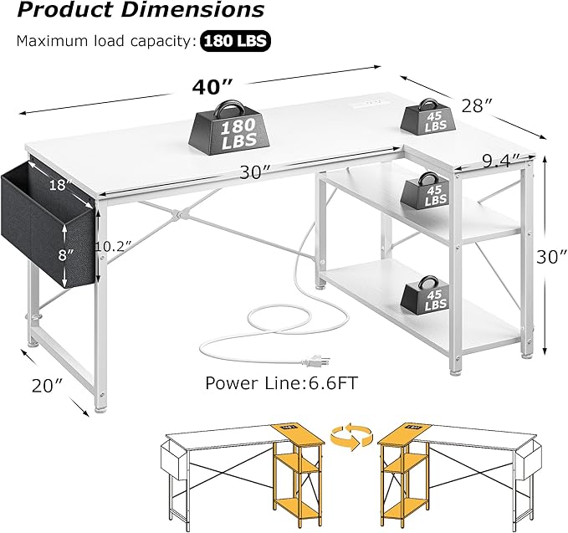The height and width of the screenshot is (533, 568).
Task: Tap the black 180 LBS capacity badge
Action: click(235, 40)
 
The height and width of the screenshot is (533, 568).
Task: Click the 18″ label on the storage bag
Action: click(58, 186)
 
